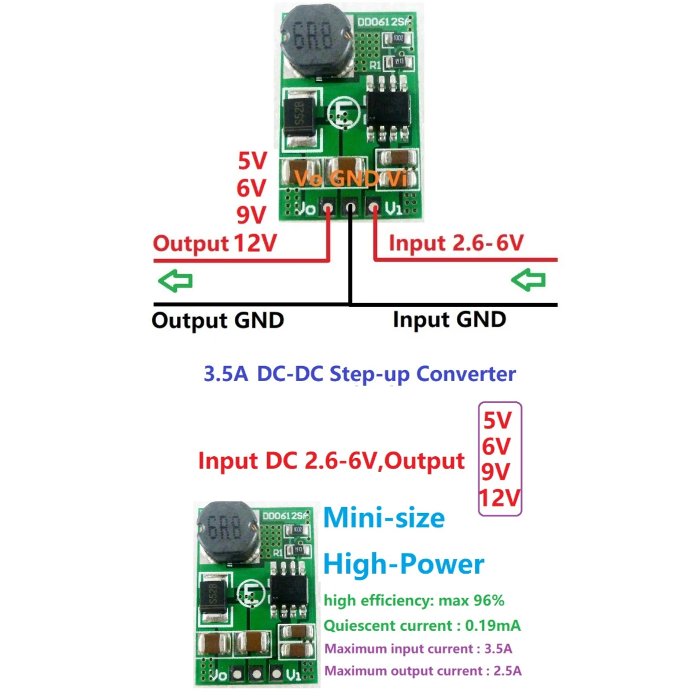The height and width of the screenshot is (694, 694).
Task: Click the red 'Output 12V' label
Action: pyautogui.click(x=215, y=243)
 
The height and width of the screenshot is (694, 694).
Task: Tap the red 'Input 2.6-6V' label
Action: pyautogui.click(x=456, y=243)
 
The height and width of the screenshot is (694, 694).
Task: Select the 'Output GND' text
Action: pyautogui.click(x=217, y=320)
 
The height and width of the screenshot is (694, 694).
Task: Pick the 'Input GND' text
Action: pyautogui.click(x=449, y=319)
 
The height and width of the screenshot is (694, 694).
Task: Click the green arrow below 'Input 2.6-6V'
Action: pyautogui.click(x=528, y=280)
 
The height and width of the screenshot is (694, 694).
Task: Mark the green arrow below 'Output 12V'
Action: pyautogui.click(x=175, y=282)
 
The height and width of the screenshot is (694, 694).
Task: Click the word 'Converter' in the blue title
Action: pyautogui.click(x=466, y=374)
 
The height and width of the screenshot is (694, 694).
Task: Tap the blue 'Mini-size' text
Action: pyautogui.click(x=384, y=518)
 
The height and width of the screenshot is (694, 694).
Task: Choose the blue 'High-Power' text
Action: pyautogui.click(x=404, y=564)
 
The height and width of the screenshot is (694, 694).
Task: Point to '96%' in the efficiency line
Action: pyautogui.click(x=489, y=600)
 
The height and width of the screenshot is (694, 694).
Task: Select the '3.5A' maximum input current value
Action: pyautogui.click(x=498, y=648)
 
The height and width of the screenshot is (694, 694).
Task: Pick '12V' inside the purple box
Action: pyautogui.click(x=500, y=498)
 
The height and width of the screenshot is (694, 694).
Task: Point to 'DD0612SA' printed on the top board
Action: pyautogui.click(x=383, y=22)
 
